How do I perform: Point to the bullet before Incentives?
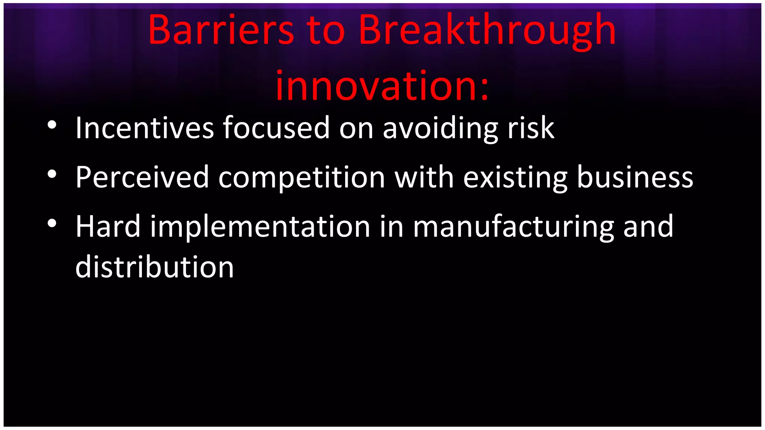pos(52,125)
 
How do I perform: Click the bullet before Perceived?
pos(52,174)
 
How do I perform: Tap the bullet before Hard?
pos(52,224)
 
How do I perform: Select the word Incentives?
pos(145,128)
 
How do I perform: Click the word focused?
pos(276,128)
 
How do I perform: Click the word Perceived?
pos(142,177)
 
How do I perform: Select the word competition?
pos(301,177)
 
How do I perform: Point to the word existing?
pos(515,177)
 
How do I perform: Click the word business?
pos(635,177)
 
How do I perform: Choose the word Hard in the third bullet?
pos(108,227)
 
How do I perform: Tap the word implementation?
pos(260,227)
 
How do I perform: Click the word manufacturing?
pos(513,227)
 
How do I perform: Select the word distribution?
pos(154,267)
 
